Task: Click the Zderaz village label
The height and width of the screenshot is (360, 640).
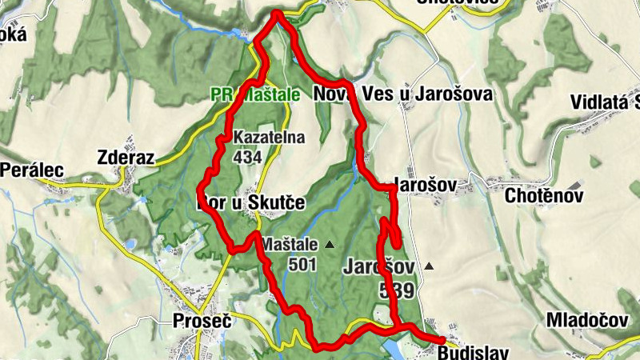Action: (x=124, y=156)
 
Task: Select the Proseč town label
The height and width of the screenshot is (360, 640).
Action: (x=202, y=322)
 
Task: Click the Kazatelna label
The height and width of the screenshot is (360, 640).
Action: (x=270, y=138)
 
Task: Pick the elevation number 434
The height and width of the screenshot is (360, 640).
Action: (x=248, y=157)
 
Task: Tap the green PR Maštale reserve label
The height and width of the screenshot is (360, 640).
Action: (x=255, y=94)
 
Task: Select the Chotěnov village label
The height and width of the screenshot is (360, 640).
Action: (x=545, y=195)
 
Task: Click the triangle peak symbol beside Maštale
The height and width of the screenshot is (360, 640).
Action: (x=330, y=244)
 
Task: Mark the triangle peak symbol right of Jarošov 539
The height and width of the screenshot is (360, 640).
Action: (x=430, y=266)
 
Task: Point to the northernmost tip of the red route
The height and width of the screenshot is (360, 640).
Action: (x=277, y=13)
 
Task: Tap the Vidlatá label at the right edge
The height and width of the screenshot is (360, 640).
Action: (x=606, y=102)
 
